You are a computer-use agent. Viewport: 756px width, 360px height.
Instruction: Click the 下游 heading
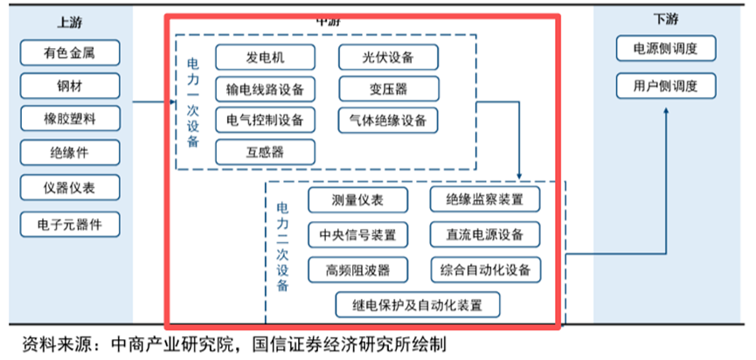coord(666,20)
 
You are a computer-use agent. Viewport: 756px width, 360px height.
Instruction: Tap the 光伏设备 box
coord(388,58)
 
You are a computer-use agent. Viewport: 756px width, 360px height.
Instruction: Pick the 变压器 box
coord(388,89)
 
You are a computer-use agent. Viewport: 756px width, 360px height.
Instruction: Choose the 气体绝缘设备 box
coord(388,120)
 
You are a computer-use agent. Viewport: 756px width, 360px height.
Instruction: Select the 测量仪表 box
coord(357,200)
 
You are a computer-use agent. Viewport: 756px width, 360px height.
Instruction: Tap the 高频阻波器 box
coord(357,268)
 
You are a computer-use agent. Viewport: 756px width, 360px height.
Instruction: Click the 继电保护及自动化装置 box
coord(419,304)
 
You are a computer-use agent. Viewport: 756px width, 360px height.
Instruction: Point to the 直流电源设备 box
coord(484,234)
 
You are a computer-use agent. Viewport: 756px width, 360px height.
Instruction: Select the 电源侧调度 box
coord(667,48)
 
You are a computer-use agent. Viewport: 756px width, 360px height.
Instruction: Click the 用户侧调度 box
coord(667,86)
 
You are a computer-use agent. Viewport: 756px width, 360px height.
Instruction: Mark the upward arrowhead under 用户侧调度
coord(667,113)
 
